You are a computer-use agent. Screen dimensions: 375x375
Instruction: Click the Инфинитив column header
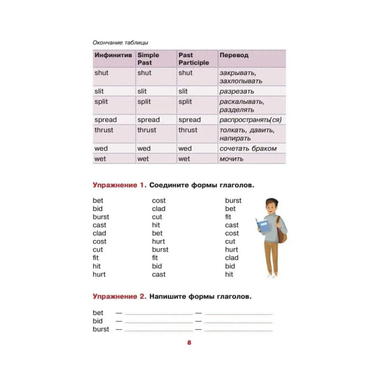click(112, 55)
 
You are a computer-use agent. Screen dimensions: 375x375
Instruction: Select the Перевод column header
click(233, 55)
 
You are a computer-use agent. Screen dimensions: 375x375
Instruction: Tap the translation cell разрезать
click(237, 91)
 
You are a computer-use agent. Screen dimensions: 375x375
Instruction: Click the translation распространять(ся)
click(250, 120)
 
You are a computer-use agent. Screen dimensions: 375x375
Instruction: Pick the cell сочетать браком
click(248, 149)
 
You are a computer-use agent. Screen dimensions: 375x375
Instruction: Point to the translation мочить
click(232, 159)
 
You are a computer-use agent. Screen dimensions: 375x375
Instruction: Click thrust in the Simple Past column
click(147, 130)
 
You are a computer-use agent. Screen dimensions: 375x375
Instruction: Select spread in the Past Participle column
click(189, 120)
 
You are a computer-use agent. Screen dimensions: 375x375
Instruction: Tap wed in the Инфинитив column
click(101, 149)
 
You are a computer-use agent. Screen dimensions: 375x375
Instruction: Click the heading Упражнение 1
click(120, 185)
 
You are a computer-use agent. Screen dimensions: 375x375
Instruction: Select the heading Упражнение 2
click(120, 297)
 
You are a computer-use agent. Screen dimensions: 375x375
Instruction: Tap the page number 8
click(189, 343)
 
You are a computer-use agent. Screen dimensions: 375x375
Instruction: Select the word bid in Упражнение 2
click(97, 321)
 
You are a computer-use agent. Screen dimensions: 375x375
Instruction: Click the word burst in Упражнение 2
click(101, 329)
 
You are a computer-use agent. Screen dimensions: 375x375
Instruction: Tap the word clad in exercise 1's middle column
click(158, 209)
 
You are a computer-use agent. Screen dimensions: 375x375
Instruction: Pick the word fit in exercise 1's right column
click(228, 217)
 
